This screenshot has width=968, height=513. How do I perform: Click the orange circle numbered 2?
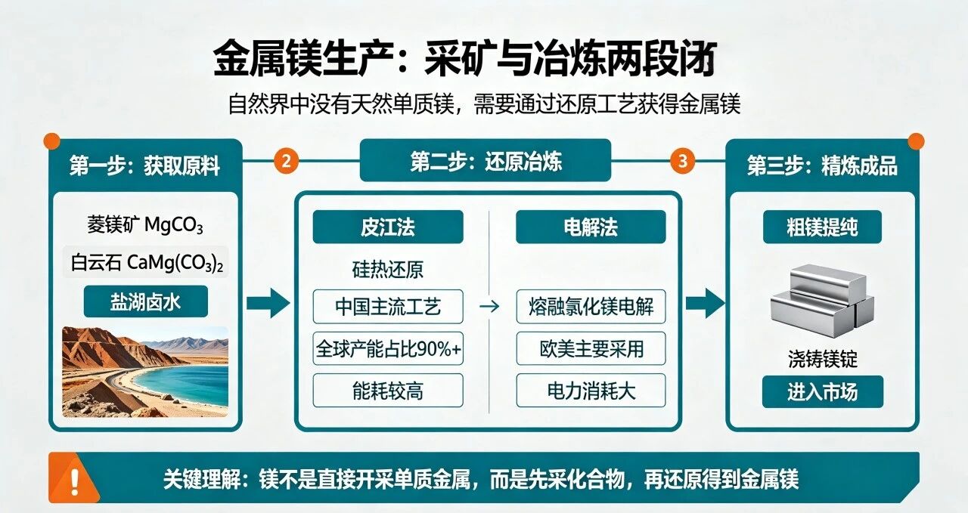click(x=286, y=162)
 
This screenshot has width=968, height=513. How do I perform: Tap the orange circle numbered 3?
click(x=683, y=162)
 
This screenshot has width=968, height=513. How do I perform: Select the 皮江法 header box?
click(x=388, y=227)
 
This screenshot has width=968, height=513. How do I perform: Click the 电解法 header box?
click(x=591, y=227)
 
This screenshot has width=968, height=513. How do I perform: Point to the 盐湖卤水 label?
click(x=146, y=301)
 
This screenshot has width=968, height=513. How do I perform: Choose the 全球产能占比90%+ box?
click(x=388, y=348)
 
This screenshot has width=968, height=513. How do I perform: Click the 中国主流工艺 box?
click(x=388, y=307)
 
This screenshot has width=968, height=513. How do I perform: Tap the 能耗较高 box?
click(x=388, y=391)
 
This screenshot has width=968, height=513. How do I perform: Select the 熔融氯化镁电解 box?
click(x=591, y=307)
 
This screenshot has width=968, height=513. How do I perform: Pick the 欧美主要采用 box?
click(x=591, y=348)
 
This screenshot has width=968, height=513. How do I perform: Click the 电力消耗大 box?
click(x=591, y=391)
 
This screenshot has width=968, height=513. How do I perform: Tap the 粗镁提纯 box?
click(x=822, y=227)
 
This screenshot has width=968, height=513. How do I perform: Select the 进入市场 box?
click(x=822, y=391)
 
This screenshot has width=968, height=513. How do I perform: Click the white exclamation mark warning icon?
click(x=75, y=481)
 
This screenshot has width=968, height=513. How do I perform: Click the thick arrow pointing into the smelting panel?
click(x=268, y=303)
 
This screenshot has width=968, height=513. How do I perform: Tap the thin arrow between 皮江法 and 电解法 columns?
click(x=489, y=307)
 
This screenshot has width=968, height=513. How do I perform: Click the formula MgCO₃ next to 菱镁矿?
click(x=173, y=225)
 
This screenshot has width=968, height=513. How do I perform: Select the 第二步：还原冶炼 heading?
click(x=486, y=162)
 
